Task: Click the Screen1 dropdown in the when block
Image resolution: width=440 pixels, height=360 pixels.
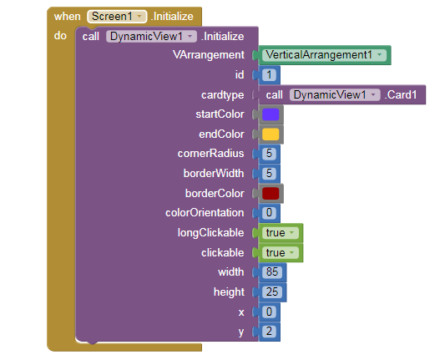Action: pyautogui.click(x=117, y=17)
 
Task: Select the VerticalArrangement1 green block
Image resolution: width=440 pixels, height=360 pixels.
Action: pyautogui.click(x=324, y=55)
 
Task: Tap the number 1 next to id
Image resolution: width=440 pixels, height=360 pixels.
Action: pyautogui.click(x=269, y=75)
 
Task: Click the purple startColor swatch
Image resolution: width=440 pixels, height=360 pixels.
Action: pyautogui.click(x=271, y=114)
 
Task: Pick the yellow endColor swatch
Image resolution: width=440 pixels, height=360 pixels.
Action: pyautogui.click(x=271, y=134)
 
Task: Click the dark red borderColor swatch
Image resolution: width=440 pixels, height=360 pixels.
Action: pyautogui.click(x=271, y=194)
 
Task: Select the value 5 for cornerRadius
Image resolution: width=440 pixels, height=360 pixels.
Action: pyautogui.click(x=269, y=154)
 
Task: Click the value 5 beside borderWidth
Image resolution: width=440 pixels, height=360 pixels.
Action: pyautogui.click(x=269, y=174)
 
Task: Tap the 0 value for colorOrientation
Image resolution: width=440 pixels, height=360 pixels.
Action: pyautogui.click(x=269, y=213)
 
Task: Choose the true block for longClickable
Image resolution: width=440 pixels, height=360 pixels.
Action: pyautogui.click(x=281, y=233)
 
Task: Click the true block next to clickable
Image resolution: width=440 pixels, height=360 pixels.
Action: pyautogui.click(x=281, y=253)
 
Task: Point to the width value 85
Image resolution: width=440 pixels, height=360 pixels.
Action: pyautogui.click(x=272, y=272)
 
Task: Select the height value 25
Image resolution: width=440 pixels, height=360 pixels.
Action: pyautogui.click(x=272, y=292)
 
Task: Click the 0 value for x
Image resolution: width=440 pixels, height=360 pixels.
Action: pyautogui.click(x=269, y=312)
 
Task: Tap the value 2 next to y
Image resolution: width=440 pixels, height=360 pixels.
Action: pyautogui.click(x=269, y=332)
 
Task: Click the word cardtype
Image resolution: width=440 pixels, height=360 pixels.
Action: pyautogui.click(x=223, y=95)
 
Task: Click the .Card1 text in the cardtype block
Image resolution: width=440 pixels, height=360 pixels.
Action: pyautogui.click(x=401, y=95)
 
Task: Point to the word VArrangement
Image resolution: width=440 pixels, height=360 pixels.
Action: pyautogui.click(x=209, y=55)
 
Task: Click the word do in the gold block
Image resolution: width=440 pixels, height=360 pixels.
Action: pyautogui.click(x=60, y=36)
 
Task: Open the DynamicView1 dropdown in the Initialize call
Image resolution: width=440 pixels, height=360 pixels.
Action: pyautogui.click(x=151, y=37)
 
